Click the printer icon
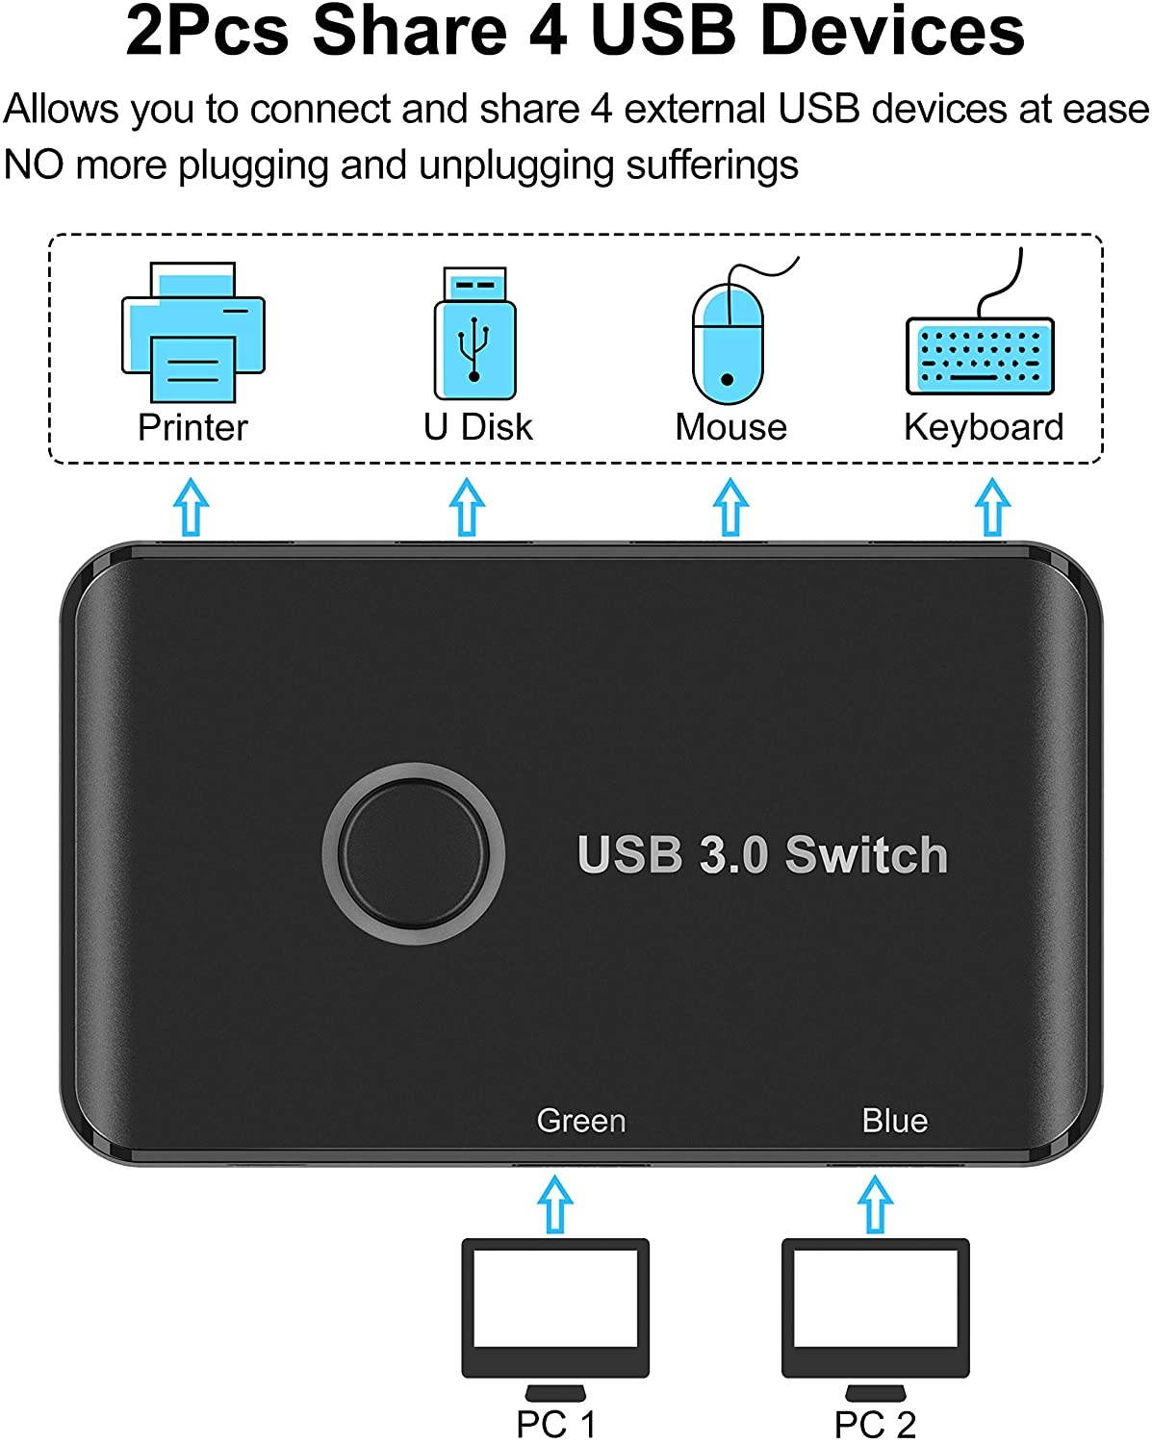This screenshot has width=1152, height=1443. click(192, 332)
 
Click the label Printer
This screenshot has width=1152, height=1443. click(192, 427)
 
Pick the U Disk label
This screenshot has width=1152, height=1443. click(477, 427)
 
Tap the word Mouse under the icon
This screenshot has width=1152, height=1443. click(730, 427)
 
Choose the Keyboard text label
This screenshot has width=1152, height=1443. click(984, 427)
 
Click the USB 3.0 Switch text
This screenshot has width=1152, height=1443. click(762, 854)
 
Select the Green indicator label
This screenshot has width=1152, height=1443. click(581, 1121)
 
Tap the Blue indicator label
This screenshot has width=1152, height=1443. click(894, 1121)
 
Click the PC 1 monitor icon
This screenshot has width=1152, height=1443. click(555, 1309)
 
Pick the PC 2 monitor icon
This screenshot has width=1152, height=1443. click(875, 1309)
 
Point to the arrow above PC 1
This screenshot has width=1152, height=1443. click(555, 1202)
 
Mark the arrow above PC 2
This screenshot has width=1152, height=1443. click(875, 1202)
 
